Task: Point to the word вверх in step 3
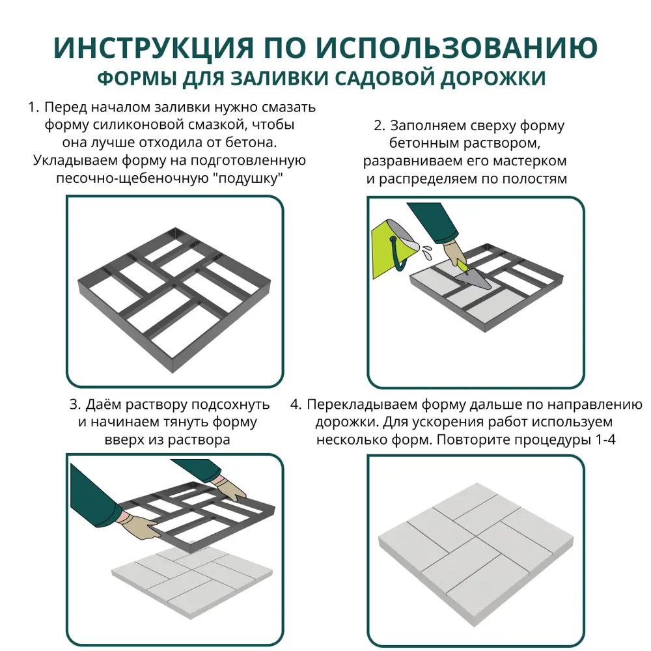click(x=124, y=439)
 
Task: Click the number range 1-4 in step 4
click(x=605, y=439)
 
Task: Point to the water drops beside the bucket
click(x=425, y=249)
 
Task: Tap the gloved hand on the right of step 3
click(x=230, y=488)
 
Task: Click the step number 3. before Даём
click(x=76, y=405)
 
